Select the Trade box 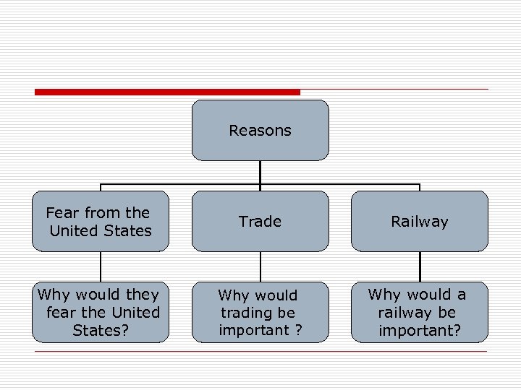pos(260,221)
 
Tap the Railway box pos(420,221)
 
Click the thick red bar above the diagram pos(166,92)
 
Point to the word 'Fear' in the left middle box pos(63,213)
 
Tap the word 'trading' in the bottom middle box pos(248,313)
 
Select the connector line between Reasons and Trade pos(260,175)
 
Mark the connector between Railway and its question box pos(420,266)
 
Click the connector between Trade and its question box pos(260,266)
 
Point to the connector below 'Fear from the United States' pos(100,266)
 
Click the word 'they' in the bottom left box pos(143,295)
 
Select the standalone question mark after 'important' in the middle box pos(298,330)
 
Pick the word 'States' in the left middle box pos(127,231)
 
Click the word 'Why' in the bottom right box pos(384,295)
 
